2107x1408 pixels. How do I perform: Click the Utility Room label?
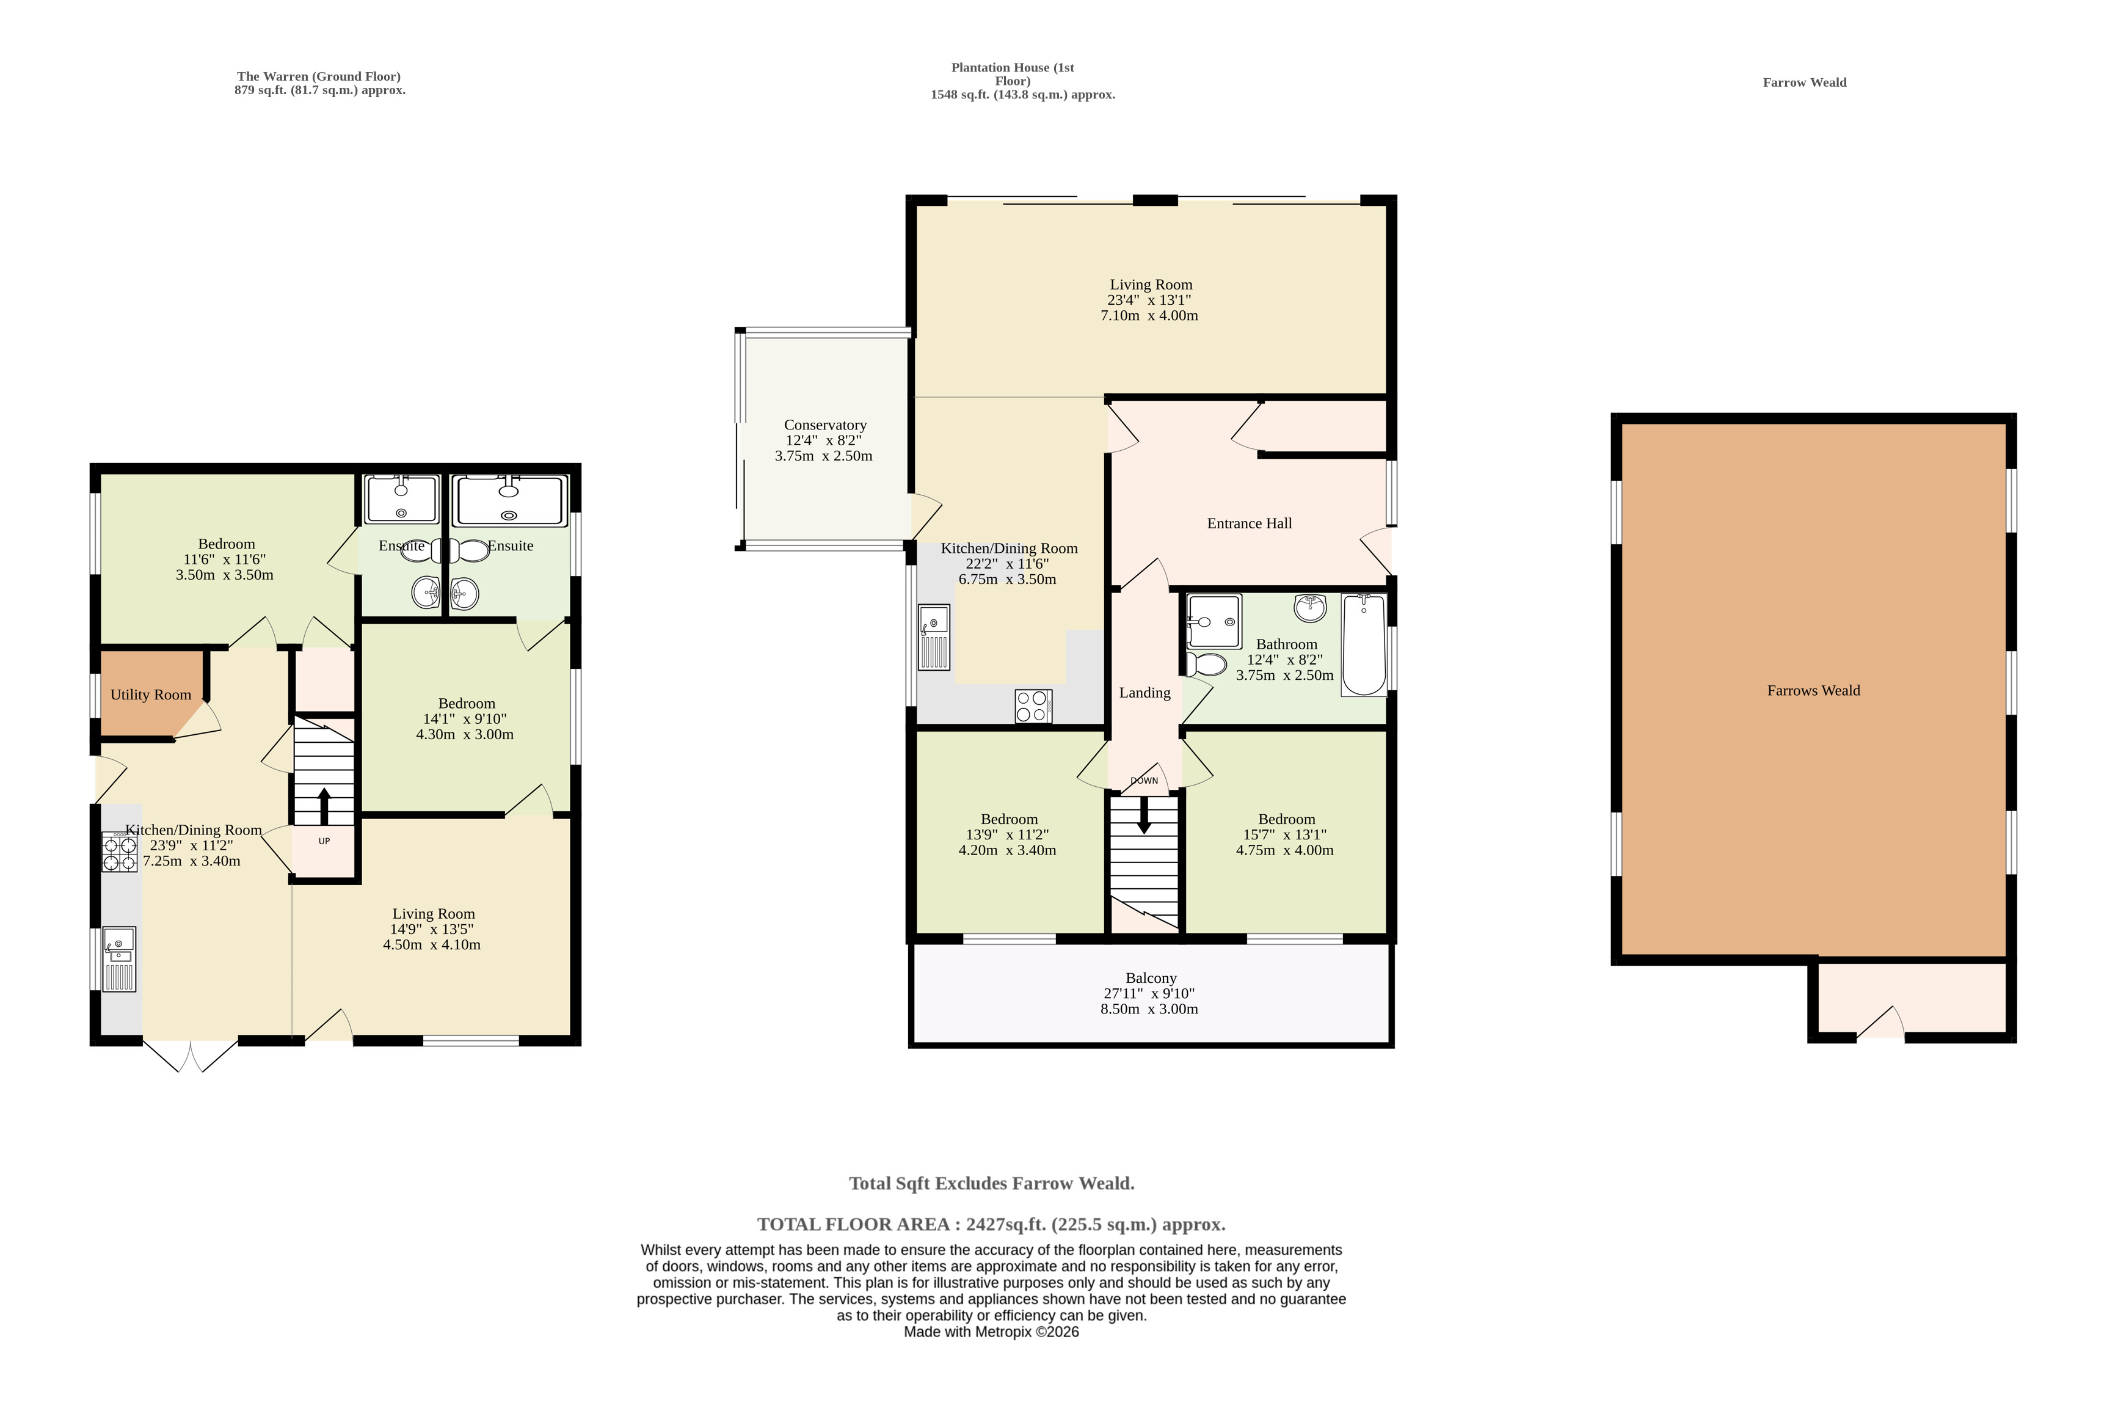(x=151, y=695)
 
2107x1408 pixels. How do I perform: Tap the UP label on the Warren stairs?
(x=324, y=841)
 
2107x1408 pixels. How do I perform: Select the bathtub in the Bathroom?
(x=1364, y=644)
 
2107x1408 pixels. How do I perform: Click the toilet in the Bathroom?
(x=1207, y=665)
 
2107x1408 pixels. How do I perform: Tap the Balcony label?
(x=1151, y=979)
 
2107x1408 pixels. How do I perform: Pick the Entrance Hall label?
(x=1250, y=523)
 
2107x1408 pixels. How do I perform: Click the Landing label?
(x=1144, y=693)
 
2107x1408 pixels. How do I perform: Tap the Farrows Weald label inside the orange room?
(x=1813, y=690)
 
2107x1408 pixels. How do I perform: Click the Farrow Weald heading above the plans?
(x=1805, y=82)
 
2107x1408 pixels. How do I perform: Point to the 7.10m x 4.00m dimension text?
(x=1149, y=316)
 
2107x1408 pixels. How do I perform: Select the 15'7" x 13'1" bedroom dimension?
(x=1286, y=835)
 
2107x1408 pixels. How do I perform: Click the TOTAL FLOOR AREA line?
(x=991, y=1225)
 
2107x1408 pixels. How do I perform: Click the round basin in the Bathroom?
(x=1311, y=608)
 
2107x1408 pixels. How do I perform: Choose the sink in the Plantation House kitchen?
(x=934, y=638)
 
